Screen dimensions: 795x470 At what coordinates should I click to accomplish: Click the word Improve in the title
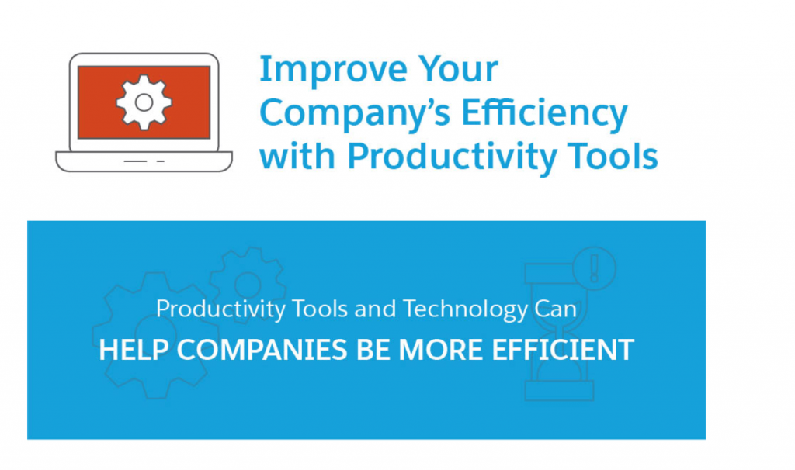click(333, 70)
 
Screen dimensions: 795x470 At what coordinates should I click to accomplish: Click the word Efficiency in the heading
click(544, 114)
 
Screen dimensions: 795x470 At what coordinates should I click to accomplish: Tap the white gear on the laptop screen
click(144, 102)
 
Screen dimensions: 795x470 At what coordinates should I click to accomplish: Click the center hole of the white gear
click(144, 102)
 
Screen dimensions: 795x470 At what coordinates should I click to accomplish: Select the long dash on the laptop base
click(135, 161)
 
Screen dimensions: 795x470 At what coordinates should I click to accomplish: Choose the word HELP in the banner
click(134, 350)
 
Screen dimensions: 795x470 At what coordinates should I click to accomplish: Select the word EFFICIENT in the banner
click(563, 350)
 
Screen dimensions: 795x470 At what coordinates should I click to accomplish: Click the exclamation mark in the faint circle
click(594, 268)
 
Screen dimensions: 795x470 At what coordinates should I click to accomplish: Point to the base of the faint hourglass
click(559, 391)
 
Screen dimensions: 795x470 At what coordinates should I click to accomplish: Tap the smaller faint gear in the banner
click(248, 284)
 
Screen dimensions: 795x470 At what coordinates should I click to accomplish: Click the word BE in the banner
click(373, 350)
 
